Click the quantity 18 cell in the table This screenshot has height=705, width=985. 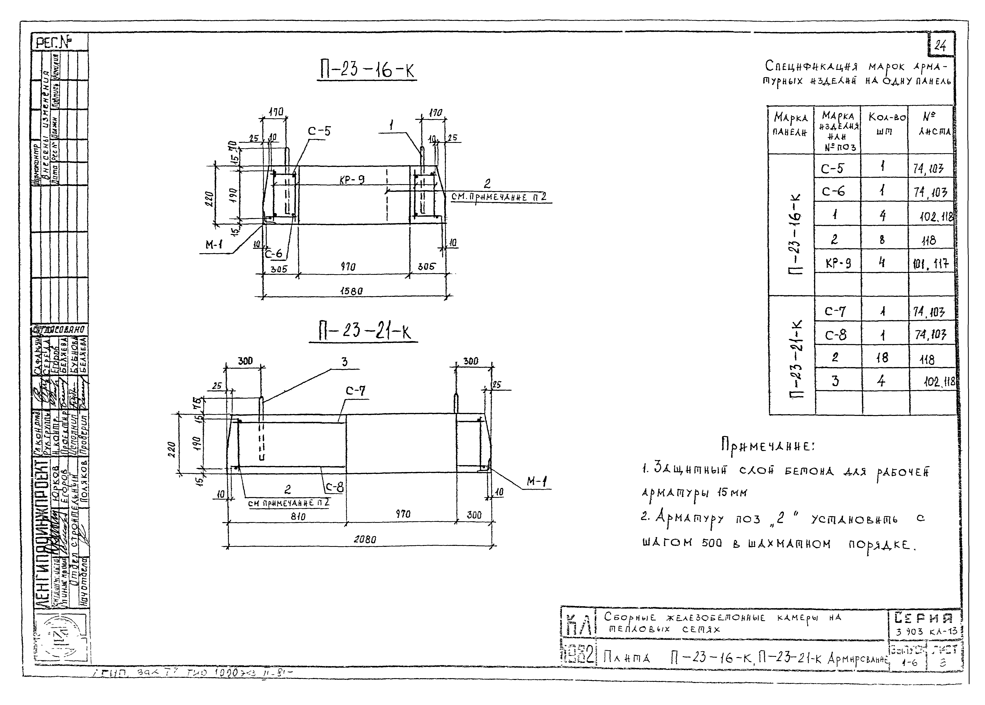[882, 358]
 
